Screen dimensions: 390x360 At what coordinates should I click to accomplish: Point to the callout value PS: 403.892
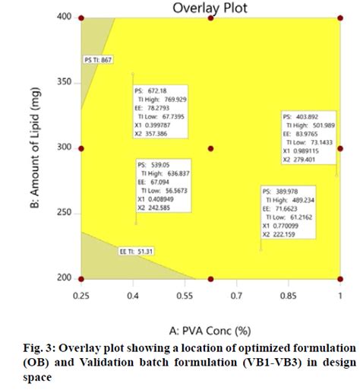pyautogui.click(x=302, y=117)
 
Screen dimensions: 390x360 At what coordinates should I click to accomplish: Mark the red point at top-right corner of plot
pyautogui.click(x=339, y=17)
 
